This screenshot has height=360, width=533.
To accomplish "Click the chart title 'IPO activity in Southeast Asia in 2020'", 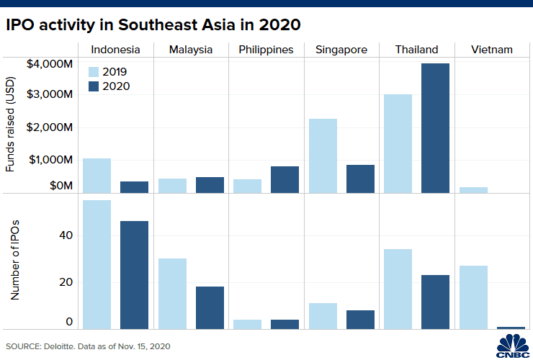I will [x=153, y=24].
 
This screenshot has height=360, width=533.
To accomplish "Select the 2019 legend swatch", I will [x=94, y=71].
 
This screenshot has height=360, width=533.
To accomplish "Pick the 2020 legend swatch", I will [x=94, y=86].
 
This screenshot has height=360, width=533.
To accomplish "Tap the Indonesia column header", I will [x=115, y=50].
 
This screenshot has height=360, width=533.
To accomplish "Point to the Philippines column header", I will [x=266, y=50].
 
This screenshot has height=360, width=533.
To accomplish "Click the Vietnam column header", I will [x=492, y=50].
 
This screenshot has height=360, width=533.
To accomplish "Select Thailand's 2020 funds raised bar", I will [x=436, y=128].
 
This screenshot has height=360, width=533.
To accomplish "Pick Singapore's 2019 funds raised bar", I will [x=323, y=156].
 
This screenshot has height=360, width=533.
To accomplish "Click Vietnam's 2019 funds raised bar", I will [x=473, y=190].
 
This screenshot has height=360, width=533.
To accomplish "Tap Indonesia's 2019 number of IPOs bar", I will [x=97, y=264].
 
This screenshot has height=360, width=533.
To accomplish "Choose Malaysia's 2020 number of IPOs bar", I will [x=210, y=307].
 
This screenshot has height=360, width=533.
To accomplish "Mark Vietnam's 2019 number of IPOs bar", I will [x=473, y=297].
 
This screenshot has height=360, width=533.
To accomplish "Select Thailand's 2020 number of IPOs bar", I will [x=436, y=302].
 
